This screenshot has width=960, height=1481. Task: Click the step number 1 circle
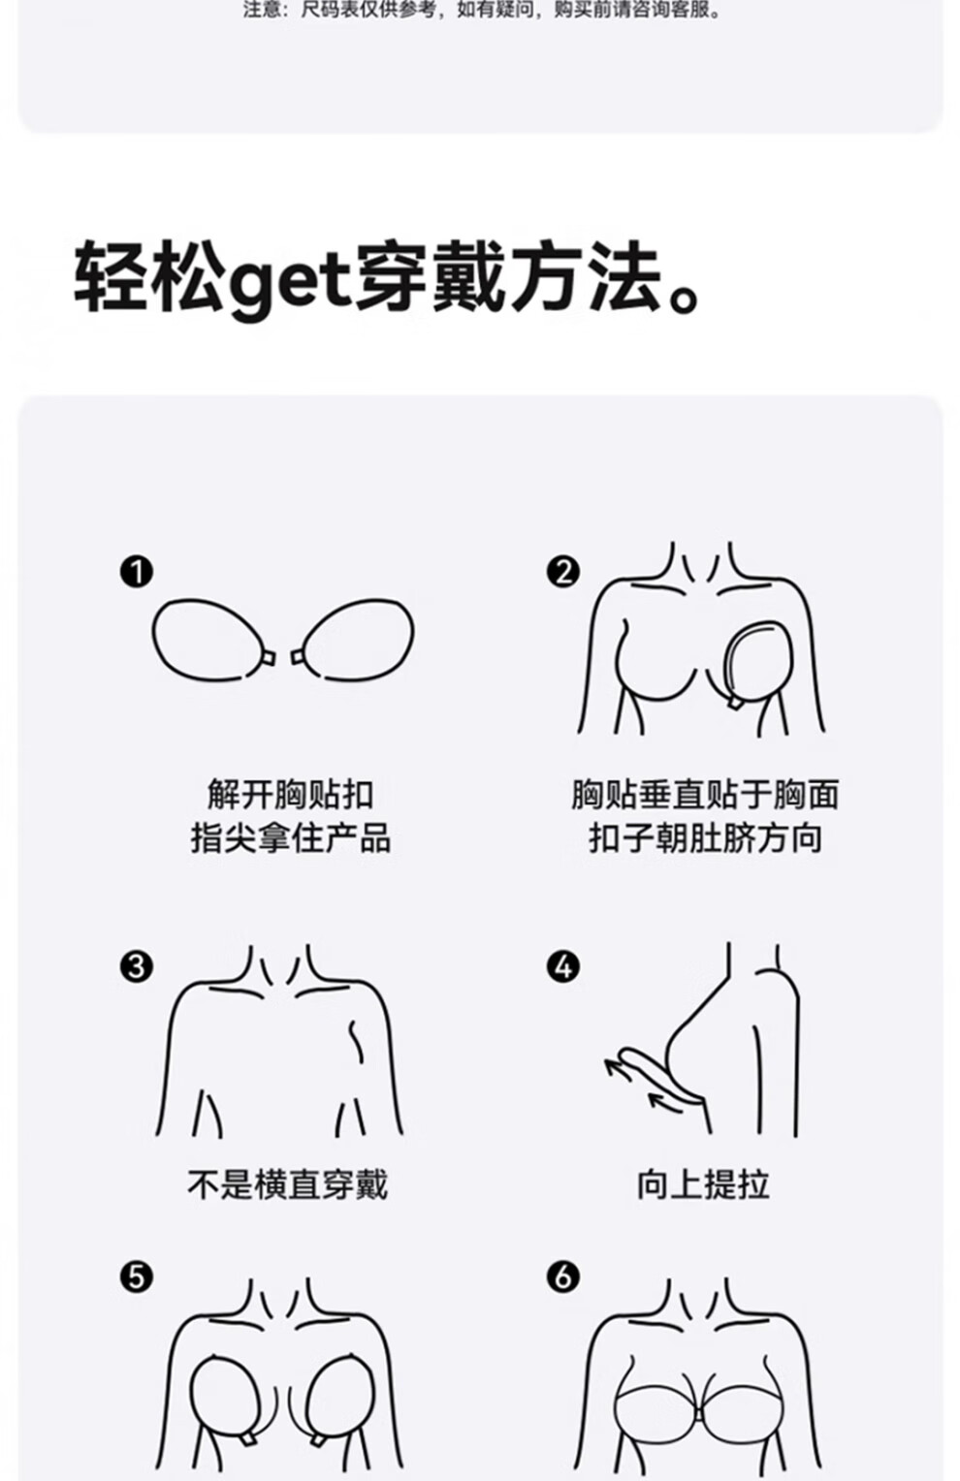click(x=137, y=573)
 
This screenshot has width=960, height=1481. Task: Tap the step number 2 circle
click(x=563, y=573)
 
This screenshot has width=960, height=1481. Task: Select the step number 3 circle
click(x=137, y=968)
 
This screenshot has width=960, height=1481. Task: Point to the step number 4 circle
click(x=563, y=968)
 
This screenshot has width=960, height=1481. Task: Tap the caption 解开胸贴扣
click(x=291, y=794)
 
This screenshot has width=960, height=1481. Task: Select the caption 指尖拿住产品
click(x=291, y=838)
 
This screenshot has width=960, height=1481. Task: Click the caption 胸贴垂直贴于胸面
click(x=705, y=794)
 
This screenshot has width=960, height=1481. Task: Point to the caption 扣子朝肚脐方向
click(x=705, y=838)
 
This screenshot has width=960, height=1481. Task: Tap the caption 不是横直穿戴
click(x=288, y=1184)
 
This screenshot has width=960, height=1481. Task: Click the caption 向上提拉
click(x=703, y=1184)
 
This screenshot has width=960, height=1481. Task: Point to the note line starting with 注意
click(x=482, y=10)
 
